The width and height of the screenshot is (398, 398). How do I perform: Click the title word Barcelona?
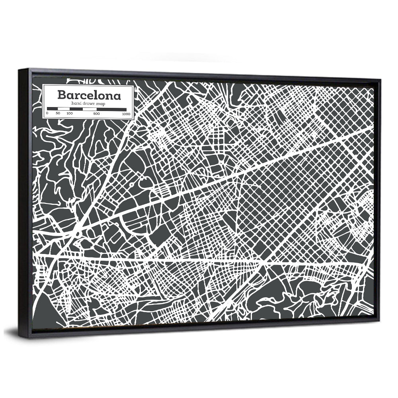pos(89,95)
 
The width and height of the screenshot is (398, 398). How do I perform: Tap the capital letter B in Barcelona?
pos(62,95)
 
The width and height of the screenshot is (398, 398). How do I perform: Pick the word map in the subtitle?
pos(101,103)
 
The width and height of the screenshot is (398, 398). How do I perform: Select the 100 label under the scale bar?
pos(70,114)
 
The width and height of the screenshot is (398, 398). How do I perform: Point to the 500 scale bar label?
pos(96,114)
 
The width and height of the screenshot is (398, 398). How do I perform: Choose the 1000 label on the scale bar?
pos(126,114)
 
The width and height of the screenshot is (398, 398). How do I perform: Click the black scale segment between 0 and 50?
pos(53,109)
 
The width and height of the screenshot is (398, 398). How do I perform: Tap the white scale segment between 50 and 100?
pos(64,109)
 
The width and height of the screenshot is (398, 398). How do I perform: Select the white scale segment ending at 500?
pos(89,109)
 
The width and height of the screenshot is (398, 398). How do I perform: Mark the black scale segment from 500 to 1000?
pos(111,109)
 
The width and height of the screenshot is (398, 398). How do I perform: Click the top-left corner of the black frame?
pos(19,70)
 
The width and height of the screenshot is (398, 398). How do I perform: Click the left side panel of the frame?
pos(24,203)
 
